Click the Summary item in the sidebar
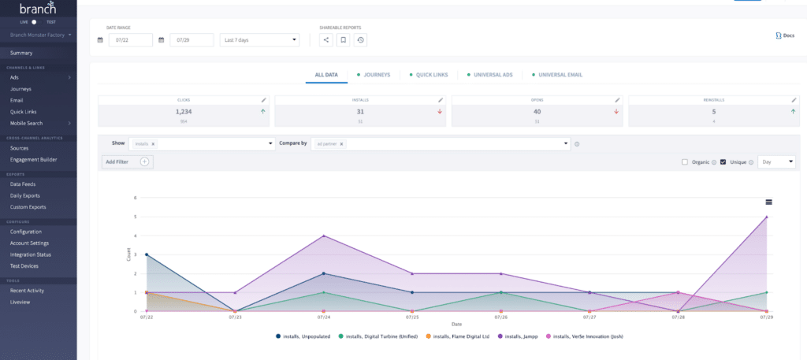click(21, 53)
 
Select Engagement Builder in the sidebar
click(33, 159)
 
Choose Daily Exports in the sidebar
click(28, 195)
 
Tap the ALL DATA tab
click(326, 75)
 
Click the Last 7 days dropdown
click(259, 39)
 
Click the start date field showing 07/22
click(130, 39)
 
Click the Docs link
click(785, 35)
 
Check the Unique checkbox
click(723, 161)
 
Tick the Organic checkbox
click(685, 161)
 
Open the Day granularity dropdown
click(776, 161)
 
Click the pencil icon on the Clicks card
click(264, 100)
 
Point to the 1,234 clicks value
click(184, 112)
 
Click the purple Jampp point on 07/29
click(766, 217)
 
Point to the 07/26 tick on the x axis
click(500, 318)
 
